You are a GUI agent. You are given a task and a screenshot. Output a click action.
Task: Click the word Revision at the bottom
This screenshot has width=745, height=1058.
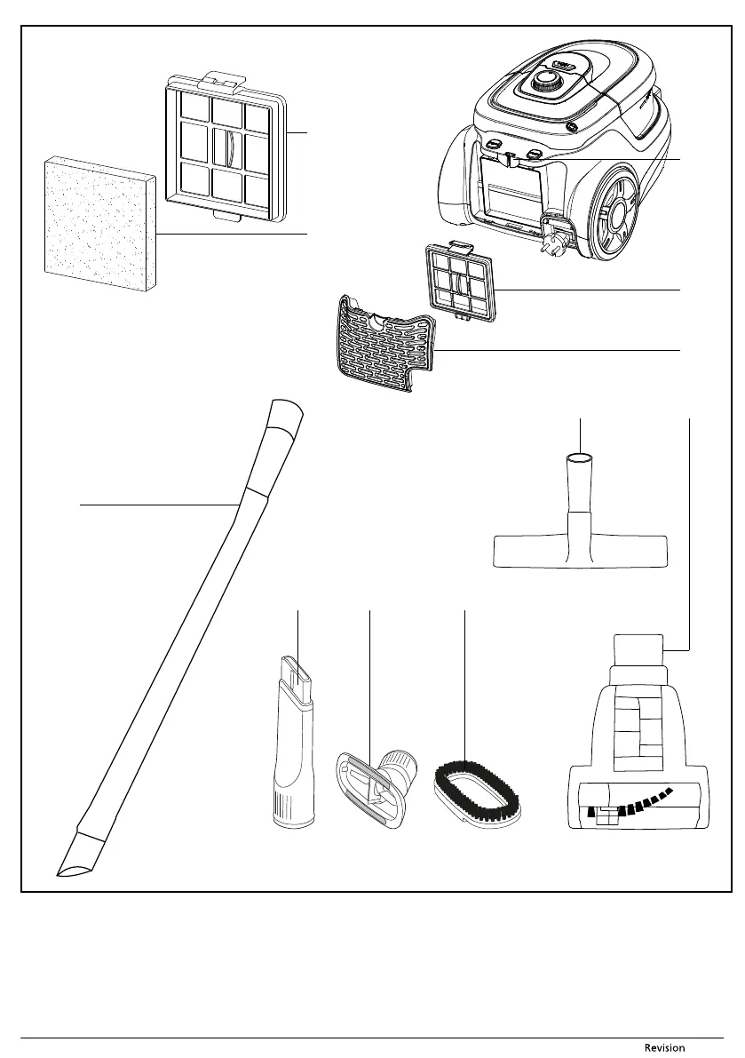(x=664, y=1047)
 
